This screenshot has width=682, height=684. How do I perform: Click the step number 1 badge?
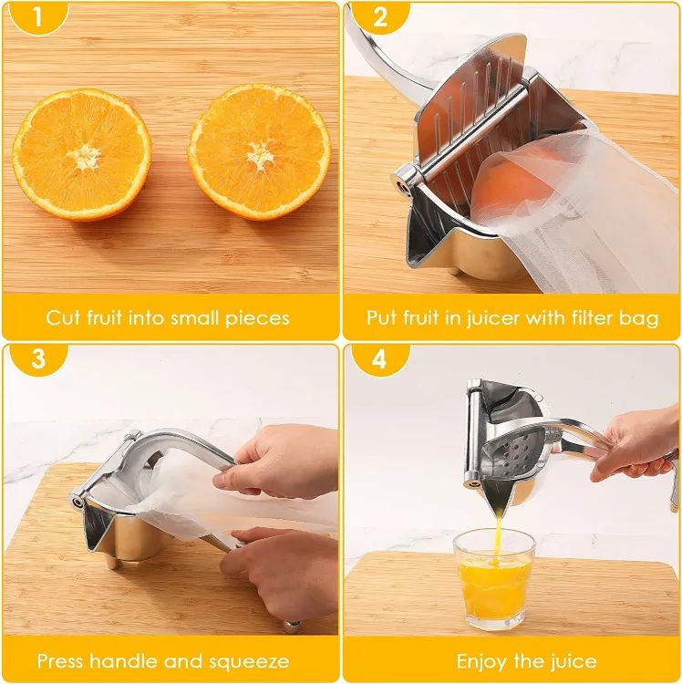coord(36,16)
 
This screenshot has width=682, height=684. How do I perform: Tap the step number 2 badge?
coord(379,16)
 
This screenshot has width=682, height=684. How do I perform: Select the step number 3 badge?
coord(36,358)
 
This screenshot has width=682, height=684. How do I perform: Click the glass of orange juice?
coord(493,579)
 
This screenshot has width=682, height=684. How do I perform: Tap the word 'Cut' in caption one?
coord(64,318)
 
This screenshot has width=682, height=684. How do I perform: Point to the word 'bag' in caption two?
coord(640,318)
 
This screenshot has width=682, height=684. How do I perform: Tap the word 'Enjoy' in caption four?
coord(483,661)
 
